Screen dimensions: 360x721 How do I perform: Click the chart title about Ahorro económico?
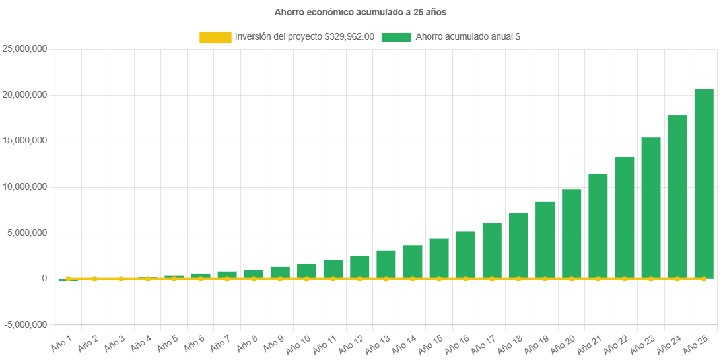click(360, 12)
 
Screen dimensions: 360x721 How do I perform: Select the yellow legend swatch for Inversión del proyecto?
click(215, 38)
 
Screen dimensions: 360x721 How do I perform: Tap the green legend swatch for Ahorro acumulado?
click(396, 38)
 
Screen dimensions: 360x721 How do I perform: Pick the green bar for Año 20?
click(571, 234)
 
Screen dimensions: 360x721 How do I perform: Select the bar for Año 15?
click(439, 258)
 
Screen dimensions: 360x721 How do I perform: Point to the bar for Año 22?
click(625, 217)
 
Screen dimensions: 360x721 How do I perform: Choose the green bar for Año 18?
click(518, 245)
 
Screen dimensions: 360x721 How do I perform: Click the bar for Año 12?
click(360, 267)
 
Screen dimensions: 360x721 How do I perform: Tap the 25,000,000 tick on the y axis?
click(25, 49)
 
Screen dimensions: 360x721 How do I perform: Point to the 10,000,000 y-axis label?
click(25, 187)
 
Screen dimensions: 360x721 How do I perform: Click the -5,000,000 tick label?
click(25, 325)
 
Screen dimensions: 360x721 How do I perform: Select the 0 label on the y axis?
click(44, 279)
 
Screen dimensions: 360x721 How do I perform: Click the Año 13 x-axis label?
click(378, 343)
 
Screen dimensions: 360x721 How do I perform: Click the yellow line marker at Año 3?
click(121, 279)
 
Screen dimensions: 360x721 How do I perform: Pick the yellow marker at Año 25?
click(704, 279)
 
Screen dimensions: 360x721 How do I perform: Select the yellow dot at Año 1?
click(68, 279)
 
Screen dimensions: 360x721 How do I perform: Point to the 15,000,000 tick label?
click(25, 141)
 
